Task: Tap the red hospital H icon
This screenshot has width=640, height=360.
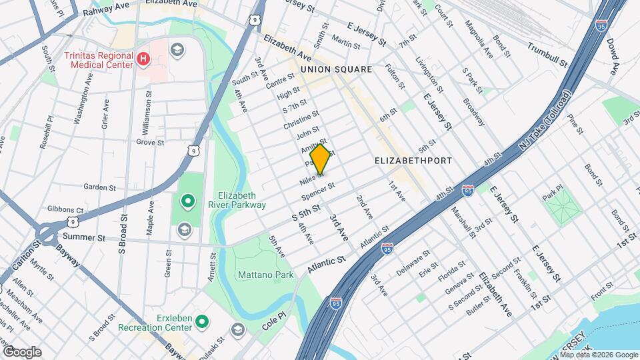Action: pos(142,60)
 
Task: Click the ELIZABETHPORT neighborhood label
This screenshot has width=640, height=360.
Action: pos(413,161)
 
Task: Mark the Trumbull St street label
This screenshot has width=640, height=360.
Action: pos(547,54)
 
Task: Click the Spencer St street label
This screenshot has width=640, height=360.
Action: pos(317,191)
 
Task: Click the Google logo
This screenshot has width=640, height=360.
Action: pos(21,352)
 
